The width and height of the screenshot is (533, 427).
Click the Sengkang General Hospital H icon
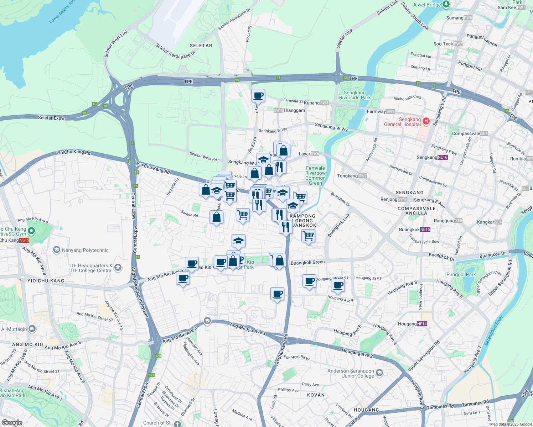[426, 121]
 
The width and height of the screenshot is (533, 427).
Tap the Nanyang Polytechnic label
[85, 250]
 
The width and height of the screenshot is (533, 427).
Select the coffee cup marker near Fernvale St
[258, 96]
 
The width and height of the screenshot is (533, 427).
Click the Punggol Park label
[461, 274]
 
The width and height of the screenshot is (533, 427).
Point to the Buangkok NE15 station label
[415, 230]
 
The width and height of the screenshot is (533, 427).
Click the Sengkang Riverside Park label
[355, 95]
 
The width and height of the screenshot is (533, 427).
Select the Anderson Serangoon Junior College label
[351, 373]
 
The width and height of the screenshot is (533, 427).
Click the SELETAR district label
[201, 46]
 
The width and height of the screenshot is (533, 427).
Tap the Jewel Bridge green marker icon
[446, 4]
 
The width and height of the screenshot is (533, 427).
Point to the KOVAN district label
[316, 395]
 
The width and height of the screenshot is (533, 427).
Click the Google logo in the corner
[12, 422]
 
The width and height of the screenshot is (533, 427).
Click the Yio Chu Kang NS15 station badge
[24, 240]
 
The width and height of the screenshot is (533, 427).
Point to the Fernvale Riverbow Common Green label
[315, 175]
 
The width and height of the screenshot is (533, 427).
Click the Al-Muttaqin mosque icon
[32, 328]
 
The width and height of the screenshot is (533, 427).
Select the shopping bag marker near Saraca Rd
[217, 217]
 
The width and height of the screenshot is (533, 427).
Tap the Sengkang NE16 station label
[432, 157]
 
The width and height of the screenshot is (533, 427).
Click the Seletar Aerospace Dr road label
[176, 51]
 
